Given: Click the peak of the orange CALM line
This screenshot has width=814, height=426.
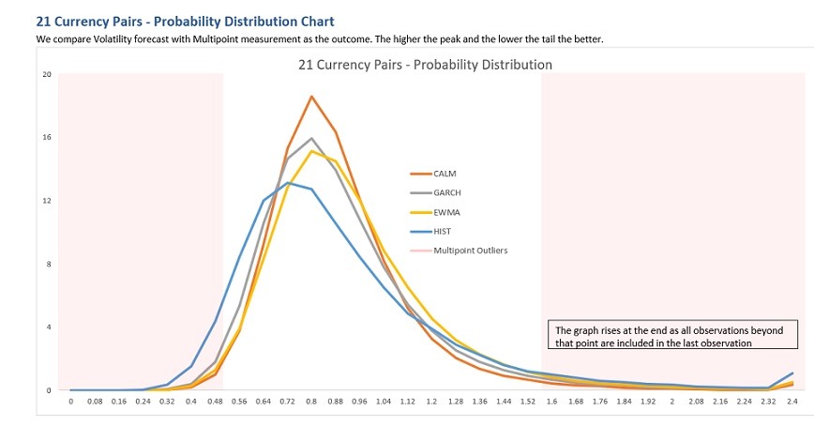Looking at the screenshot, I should (x=311, y=97).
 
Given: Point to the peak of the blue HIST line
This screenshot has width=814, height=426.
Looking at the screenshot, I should (x=288, y=183).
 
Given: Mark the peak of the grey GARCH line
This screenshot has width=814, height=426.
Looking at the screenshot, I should (x=311, y=139).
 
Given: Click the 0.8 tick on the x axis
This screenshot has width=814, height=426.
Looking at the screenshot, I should (x=311, y=402).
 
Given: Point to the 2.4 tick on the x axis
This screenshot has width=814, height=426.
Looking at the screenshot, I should (x=792, y=402).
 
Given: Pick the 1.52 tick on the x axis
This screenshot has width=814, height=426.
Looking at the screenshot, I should (x=528, y=402).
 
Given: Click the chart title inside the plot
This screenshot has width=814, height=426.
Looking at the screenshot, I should (x=425, y=65).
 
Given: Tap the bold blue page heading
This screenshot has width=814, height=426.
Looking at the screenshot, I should (x=185, y=21).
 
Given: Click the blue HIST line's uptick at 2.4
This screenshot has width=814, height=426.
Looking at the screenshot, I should (x=792, y=373).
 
